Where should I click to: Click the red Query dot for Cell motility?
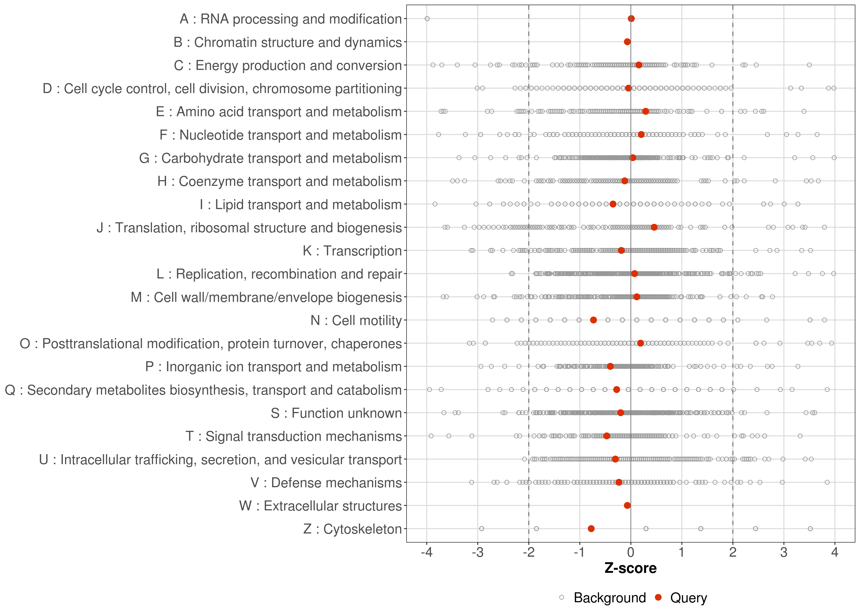pyautogui.click(x=593, y=320)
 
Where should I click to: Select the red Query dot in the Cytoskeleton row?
pyautogui.click(x=591, y=529)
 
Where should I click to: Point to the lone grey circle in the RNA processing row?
pyautogui.click(x=427, y=19)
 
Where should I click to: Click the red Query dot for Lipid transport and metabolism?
pyautogui.click(x=613, y=204)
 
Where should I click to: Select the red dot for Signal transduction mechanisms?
pyautogui.click(x=607, y=436)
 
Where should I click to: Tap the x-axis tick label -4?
pyautogui.click(x=427, y=553)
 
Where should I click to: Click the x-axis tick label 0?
pyautogui.click(x=630, y=553)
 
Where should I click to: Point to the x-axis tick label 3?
pyautogui.click(x=784, y=553)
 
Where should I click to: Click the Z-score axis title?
pyautogui.click(x=630, y=568)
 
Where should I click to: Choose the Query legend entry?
pyautogui.click(x=688, y=598)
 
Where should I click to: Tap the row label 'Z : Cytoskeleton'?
pyautogui.click(x=352, y=529)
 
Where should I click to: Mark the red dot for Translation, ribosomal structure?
pyautogui.click(x=654, y=227)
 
